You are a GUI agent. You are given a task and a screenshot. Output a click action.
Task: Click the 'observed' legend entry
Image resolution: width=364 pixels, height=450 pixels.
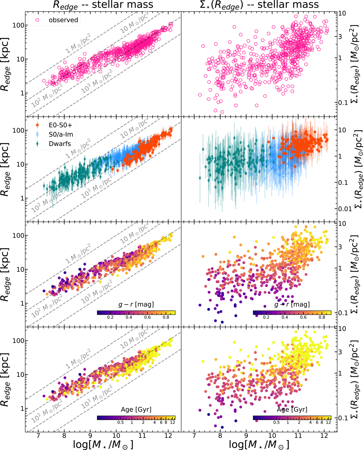[x=63, y=20]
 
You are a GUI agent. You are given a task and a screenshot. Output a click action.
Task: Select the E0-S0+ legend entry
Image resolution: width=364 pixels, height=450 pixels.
[x=60, y=125]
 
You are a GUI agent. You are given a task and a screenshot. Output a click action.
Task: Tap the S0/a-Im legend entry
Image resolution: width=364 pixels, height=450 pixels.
[x=61, y=134]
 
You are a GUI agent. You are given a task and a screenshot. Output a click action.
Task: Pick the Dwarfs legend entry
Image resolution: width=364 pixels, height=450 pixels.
[x=60, y=144]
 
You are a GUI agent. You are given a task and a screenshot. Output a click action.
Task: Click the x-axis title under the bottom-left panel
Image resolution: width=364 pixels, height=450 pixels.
[x=103, y=444]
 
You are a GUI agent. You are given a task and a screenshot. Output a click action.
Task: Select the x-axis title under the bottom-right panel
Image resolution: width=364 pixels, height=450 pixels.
[x=259, y=444]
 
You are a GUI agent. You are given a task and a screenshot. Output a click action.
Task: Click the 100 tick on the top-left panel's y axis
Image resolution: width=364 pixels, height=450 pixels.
[x=18, y=25]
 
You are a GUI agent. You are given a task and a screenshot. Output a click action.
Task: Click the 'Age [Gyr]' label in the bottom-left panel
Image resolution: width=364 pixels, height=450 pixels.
[x=136, y=410]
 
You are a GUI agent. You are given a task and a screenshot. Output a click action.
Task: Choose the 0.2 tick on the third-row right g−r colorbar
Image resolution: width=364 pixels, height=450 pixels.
[x=266, y=317]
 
